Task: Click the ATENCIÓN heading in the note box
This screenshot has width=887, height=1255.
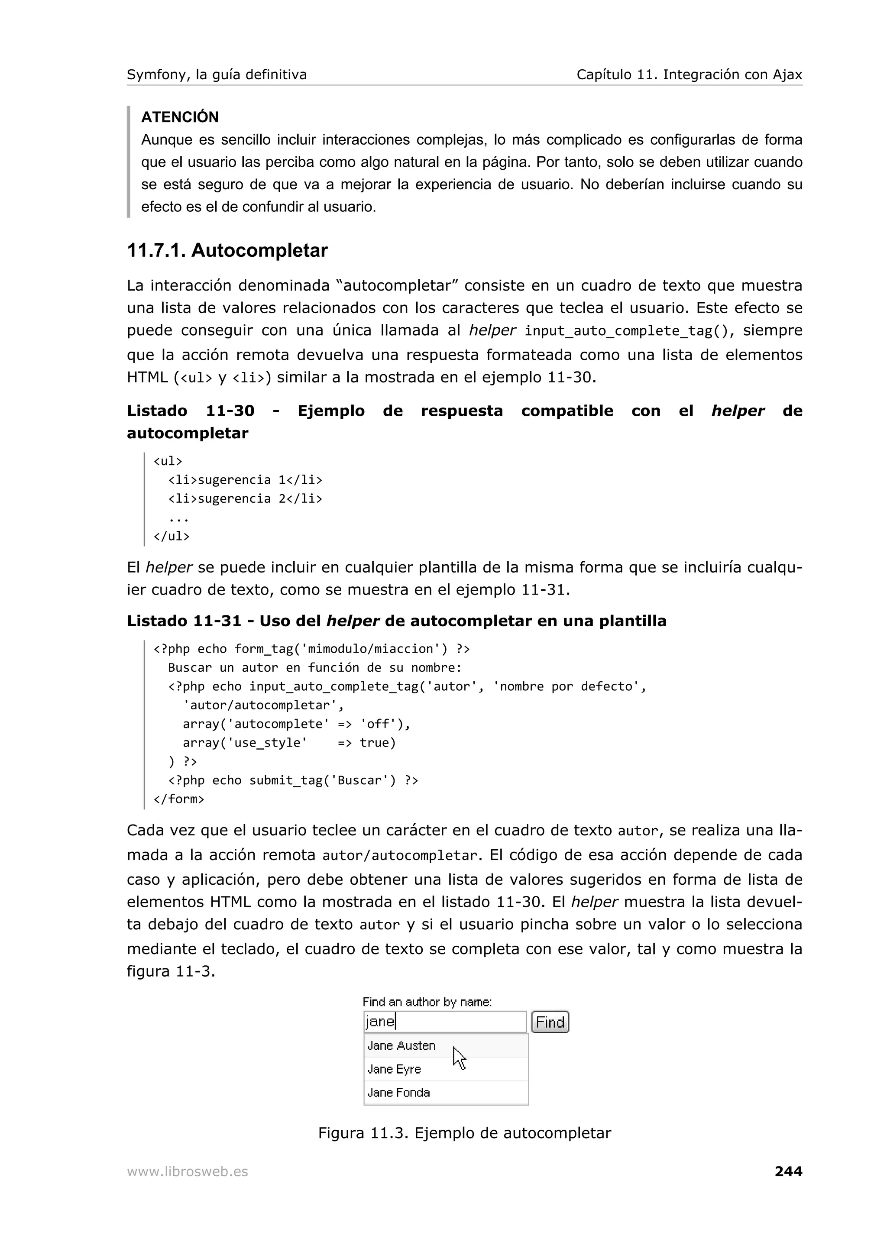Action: pyautogui.click(x=180, y=117)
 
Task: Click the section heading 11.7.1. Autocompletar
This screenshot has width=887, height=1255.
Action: pyautogui.click(x=227, y=250)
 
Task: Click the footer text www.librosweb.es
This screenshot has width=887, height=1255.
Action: pyautogui.click(x=188, y=1171)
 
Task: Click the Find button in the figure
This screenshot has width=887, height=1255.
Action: pyautogui.click(x=550, y=1022)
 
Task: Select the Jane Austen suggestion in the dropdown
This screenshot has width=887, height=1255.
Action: pyautogui.click(x=401, y=1046)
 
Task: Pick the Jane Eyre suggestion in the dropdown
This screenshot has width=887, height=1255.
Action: pyautogui.click(x=394, y=1069)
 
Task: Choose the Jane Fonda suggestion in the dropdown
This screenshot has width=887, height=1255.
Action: pyautogui.click(x=398, y=1093)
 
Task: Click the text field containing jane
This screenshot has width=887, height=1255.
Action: pyautogui.click(x=444, y=1022)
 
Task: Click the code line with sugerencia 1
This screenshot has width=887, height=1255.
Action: pyautogui.click(x=245, y=480)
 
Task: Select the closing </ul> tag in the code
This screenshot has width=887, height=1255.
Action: pyautogui.click(x=172, y=536)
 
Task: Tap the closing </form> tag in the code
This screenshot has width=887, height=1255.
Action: pyautogui.click(x=179, y=799)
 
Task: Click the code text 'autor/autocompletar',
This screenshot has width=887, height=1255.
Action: pyautogui.click(x=263, y=705)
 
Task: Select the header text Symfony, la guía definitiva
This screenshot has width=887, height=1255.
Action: pyautogui.click(x=217, y=74)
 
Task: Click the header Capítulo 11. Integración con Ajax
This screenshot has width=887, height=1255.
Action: pyautogui.click(x=689, y=74)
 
